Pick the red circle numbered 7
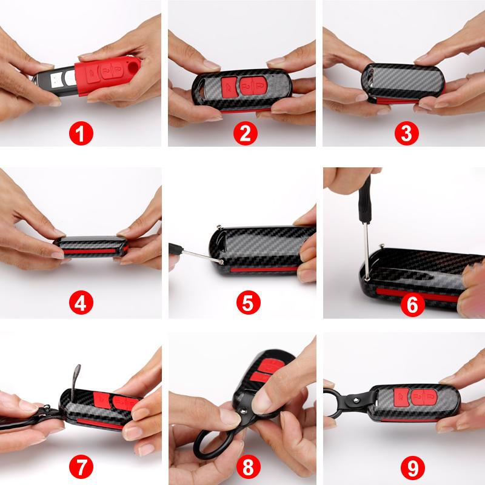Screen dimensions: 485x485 (x=81, y=467)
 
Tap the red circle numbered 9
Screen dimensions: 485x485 (x=412, y=467)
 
